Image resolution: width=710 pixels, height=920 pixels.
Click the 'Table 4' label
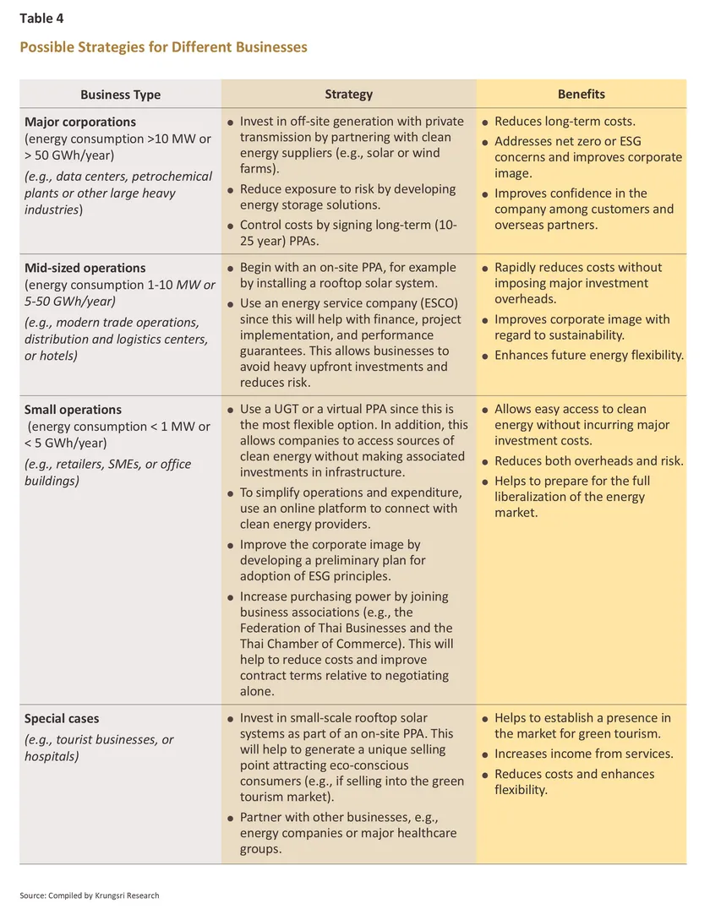click(41, 18)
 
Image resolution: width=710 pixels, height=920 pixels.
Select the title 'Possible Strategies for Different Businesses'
click(163, 46)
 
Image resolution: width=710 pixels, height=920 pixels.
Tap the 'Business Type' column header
click(120, 95)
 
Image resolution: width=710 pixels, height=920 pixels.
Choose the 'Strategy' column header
click(348, 94)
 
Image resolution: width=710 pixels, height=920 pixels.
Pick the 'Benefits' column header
click(581, 94)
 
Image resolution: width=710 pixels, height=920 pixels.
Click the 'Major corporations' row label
click(80, 122)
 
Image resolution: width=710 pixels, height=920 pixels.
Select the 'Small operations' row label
click(73, 410)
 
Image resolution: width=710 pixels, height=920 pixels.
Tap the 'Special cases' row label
click(62, 719)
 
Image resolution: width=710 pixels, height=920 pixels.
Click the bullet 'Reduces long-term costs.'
click(565, 122)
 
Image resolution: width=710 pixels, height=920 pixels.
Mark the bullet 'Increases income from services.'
click(583, 754)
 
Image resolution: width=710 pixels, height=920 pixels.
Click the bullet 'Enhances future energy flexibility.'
click(589, 356)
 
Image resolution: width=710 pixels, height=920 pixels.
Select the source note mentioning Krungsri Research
click(90, 896)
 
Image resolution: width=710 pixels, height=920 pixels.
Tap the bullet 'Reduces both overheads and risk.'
click(589, 461)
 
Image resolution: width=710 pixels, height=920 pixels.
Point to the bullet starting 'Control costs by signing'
click(348, 233)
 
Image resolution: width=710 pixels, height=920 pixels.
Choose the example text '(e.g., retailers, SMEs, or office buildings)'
click(107, 472)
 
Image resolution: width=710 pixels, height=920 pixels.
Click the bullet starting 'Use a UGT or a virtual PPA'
click(353, 440)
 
